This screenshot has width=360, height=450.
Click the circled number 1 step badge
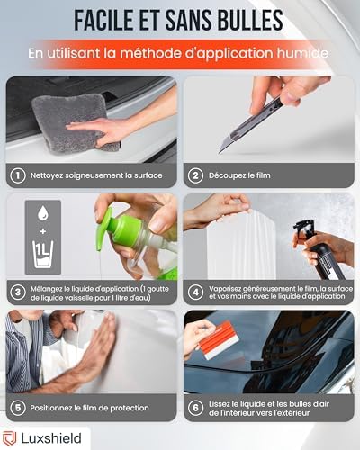pos(18,175)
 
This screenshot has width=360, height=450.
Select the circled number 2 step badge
pos(195,175)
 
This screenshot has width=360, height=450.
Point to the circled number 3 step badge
pos(18,292)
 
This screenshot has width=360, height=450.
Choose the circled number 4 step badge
pos(195,292)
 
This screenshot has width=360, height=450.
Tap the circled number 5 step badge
pos(18,408)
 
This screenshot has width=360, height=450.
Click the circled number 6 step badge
pos(195,408)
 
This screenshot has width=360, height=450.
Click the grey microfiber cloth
pos(75,123)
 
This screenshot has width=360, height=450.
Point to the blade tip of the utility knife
pos(220,152)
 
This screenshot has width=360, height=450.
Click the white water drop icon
pos(43,212)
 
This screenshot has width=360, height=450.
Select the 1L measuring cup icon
pos(43,254)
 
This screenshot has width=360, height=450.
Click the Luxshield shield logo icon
pos(9,438)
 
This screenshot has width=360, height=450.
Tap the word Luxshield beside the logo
pos(51,438)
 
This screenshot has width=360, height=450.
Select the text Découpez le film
pos(239,175)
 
